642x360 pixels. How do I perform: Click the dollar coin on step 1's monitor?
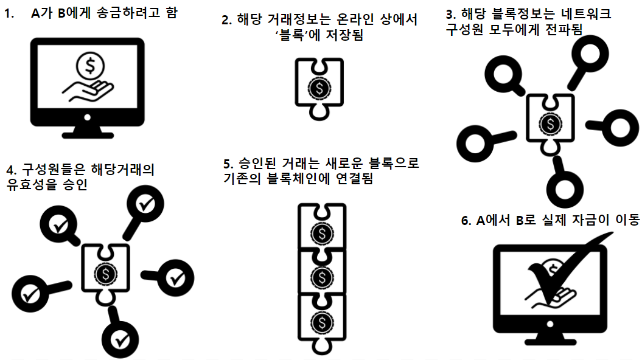tap(89, 64)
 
